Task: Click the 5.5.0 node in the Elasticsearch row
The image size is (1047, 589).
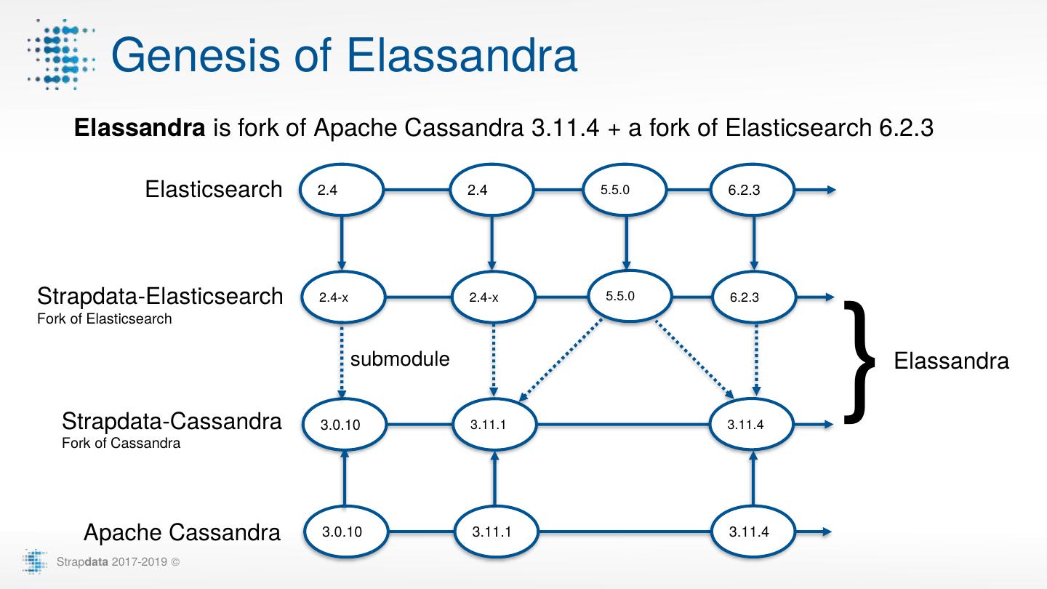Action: pyautogui.click(x=625, y=191)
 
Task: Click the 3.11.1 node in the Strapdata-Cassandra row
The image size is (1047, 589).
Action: pyautogui.click(x=494, y=424)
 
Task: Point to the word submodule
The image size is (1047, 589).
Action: pyautogui.click(x=400, y=358)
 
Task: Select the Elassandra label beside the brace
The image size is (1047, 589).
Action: pyautogui.click(x=951, y=361)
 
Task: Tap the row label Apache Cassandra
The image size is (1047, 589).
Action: pyautogui.click(x=182, y=532)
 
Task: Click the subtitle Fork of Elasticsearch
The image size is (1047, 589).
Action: pyautogui.click(x=105, y=318)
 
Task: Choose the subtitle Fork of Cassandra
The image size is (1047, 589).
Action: pyautogui.click(x=121, y=443)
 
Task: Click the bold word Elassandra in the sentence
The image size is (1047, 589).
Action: pyautogui.click(x=140, y=129)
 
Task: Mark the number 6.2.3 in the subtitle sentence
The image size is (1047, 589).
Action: pyautogui.click(x=902, y=129)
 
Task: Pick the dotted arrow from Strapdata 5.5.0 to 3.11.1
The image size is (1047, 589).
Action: pyautogui.click(x=560, y=360)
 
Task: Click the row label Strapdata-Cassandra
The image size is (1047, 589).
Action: pyautogui.click(x=172, y=421)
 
